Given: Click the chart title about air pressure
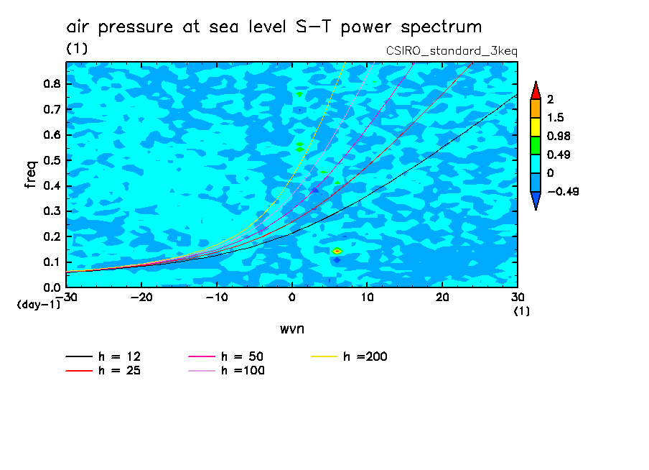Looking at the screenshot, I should tap(274, 27).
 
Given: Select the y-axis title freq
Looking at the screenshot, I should tap(30, 174).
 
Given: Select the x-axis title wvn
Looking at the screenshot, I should tap(291, 328).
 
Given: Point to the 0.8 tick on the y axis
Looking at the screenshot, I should tap(50, 83).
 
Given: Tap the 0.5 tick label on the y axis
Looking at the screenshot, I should tap(50, 160).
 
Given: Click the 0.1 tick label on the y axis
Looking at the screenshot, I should tap(50, 262).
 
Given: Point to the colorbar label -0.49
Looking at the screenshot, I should tap(562, 191).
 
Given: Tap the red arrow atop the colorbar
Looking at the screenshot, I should tap(535, 90).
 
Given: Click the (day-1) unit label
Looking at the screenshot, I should tap(38, 305).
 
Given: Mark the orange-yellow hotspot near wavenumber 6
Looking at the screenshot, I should tap(337, 251).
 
